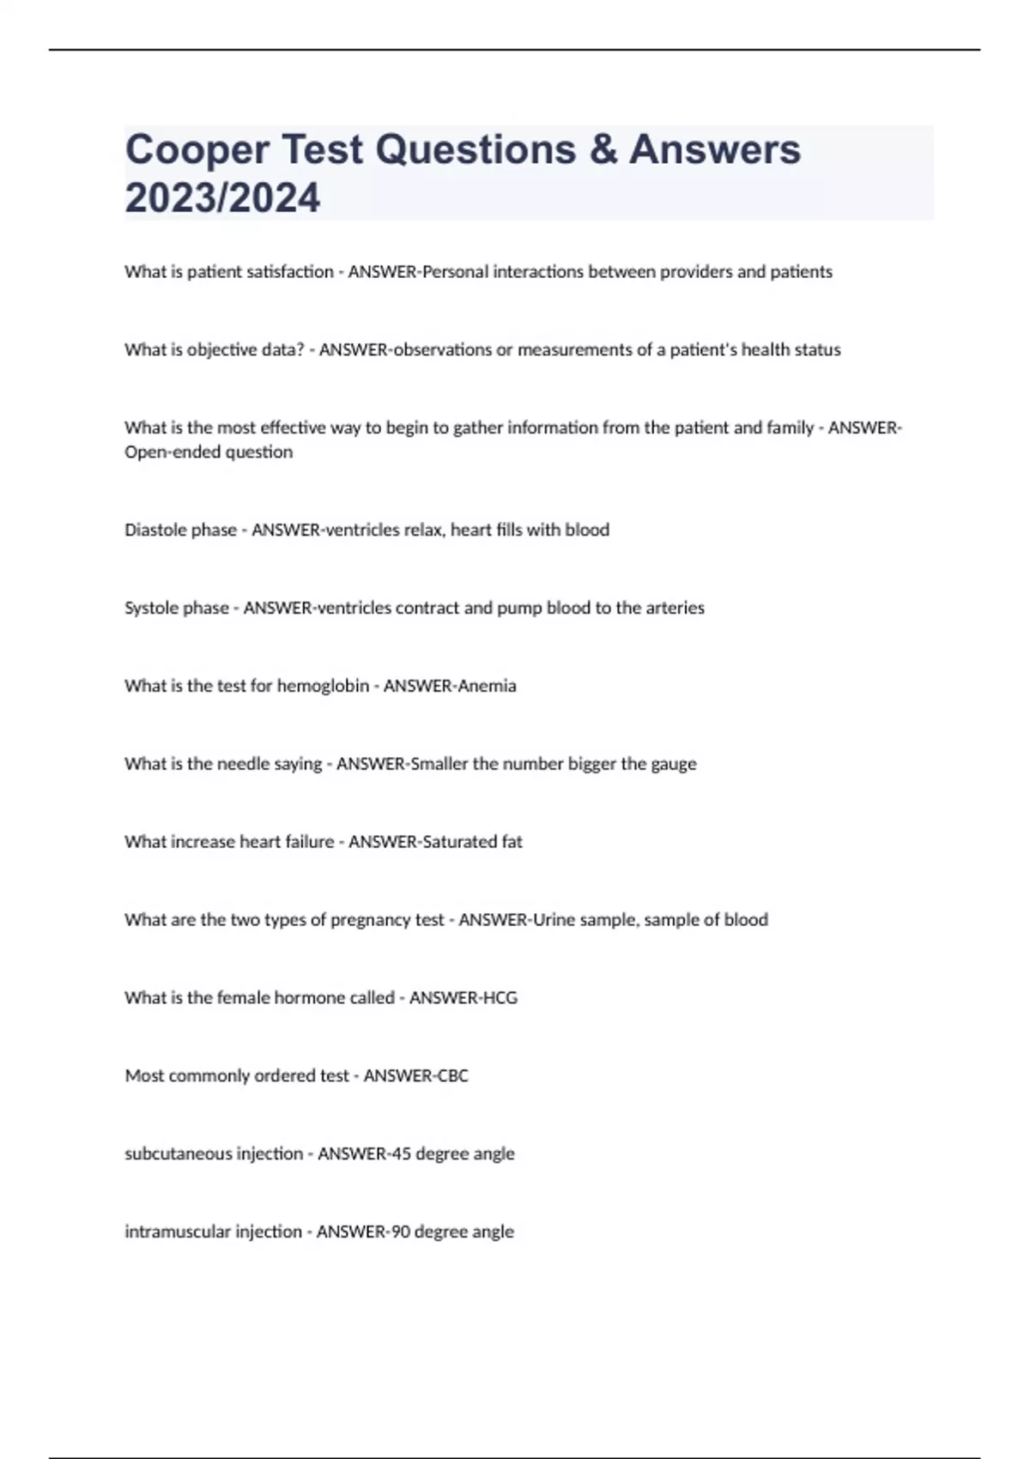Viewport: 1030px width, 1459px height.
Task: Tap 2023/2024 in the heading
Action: pyautogui.click(x=222, y=198)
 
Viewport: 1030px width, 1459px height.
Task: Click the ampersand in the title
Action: pyautogui.click(x=603, y=150)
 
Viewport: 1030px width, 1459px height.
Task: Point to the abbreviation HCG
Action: pyautogui.click(x=500, y=997)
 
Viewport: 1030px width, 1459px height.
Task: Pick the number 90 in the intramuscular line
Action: pyautogui.click(x=400, y=1232)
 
